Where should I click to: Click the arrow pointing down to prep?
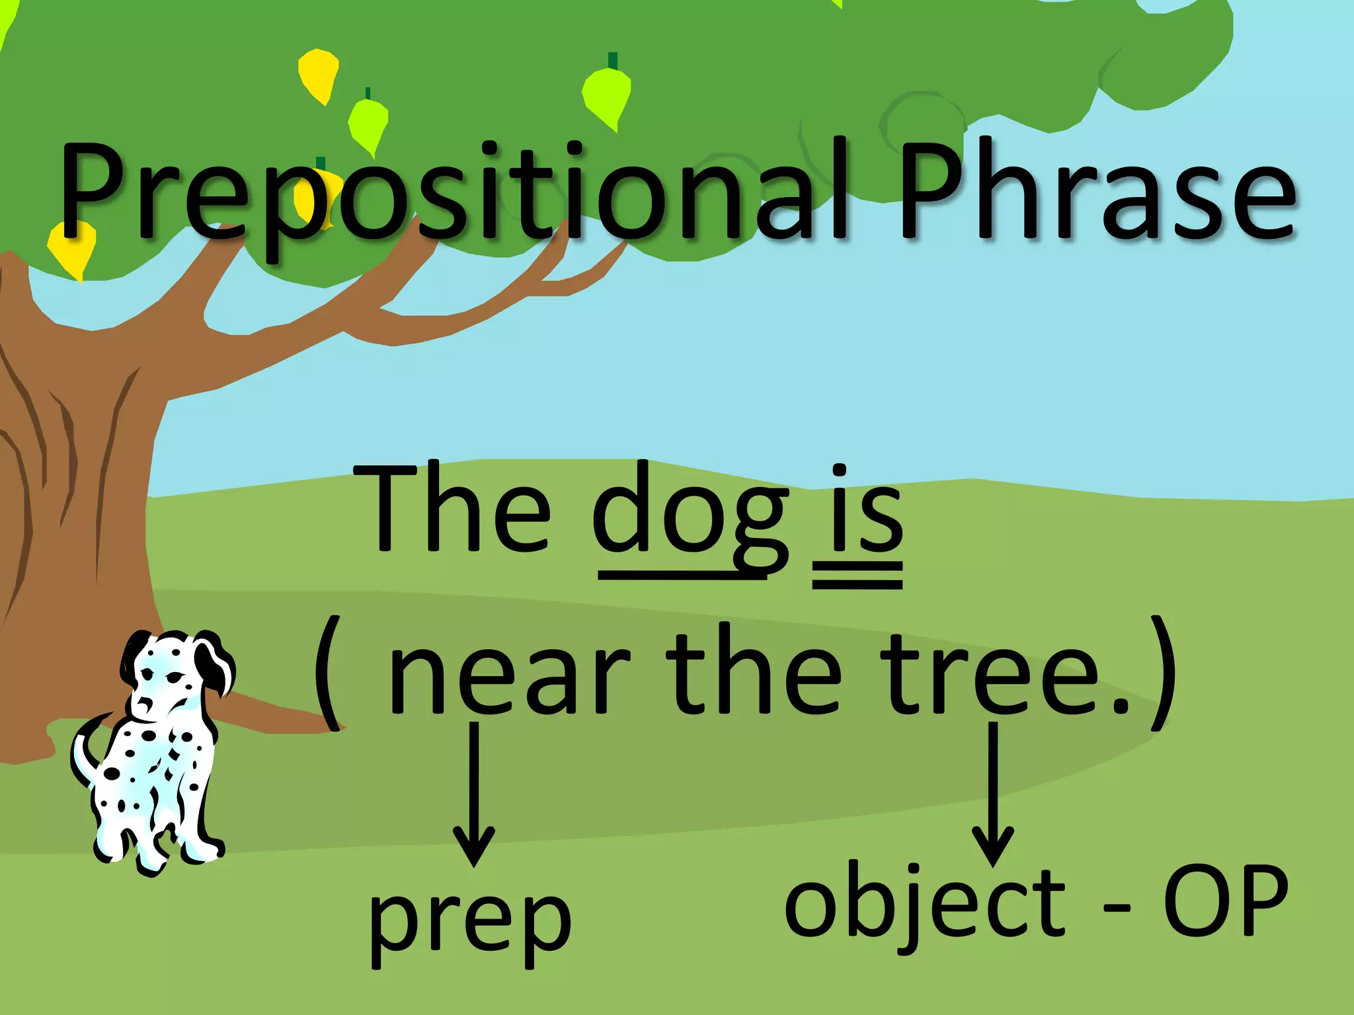(473, 793)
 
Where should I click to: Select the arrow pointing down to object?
(992, 793)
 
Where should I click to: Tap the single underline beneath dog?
(681, 578)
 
